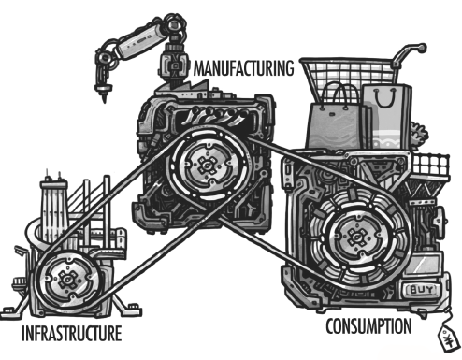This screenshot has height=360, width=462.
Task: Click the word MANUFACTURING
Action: coord(243,68)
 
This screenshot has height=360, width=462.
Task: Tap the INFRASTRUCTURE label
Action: coord(71,333)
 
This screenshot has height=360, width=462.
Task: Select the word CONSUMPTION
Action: coord(368,326)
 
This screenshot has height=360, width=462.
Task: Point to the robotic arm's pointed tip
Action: coord(104,100)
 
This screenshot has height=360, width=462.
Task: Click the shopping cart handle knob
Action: coord(422,48)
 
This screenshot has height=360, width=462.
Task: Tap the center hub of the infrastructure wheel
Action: coord(66,280)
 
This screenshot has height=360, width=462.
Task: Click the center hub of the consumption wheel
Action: coord(355,238)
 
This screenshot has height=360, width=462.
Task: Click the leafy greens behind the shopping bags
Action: coord(419,136)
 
